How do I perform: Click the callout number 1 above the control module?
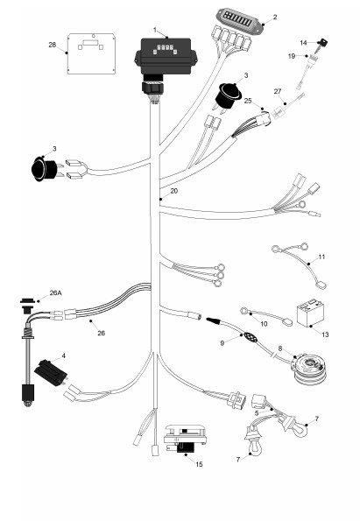pos(154,31)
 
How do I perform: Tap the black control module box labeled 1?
pos(166,57)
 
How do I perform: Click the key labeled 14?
pos(321,45)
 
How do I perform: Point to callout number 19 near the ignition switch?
pos(292,56)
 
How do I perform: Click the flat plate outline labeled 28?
pos(91,53)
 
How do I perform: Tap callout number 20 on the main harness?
pos(174,191)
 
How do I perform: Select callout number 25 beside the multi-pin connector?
pos(248,101)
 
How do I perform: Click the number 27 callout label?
pos(278,91)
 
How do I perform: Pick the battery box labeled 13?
pos(310,313)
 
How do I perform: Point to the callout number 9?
pos(222,343)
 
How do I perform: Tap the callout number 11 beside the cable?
pos(321,257)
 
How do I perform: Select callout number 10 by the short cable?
pos(264,324)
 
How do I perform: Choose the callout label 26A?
pos(56,292)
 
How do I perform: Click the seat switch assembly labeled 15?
pos(185,439)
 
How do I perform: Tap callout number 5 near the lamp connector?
pos(257,413)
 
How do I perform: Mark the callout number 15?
pos(199,464)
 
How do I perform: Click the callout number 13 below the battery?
pos(325,334)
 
